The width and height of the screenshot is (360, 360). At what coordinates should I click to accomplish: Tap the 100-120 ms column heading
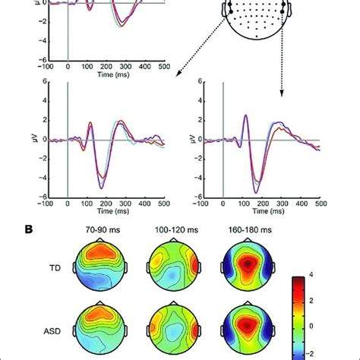point(178,227)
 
